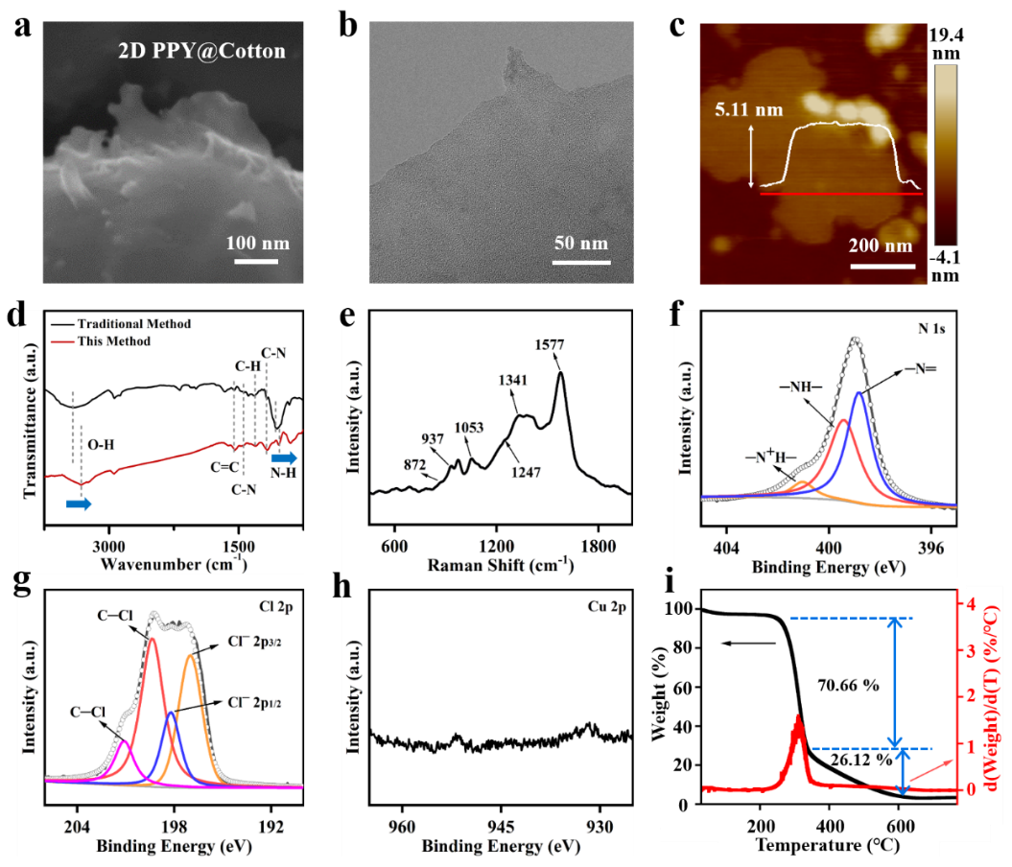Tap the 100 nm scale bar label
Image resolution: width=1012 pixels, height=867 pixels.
pyautogui.click(x=257, y=242)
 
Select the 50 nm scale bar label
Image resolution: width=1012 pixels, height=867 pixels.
pyautogui.click(x=581, y=242)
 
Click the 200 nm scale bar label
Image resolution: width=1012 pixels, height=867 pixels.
pyautogui.click(x=881, y=246)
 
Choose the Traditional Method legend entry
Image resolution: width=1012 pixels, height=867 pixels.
pyautogui.click(x=134, y=324)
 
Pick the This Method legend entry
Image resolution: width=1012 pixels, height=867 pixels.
pyautogui.click(x=114, y=340)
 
